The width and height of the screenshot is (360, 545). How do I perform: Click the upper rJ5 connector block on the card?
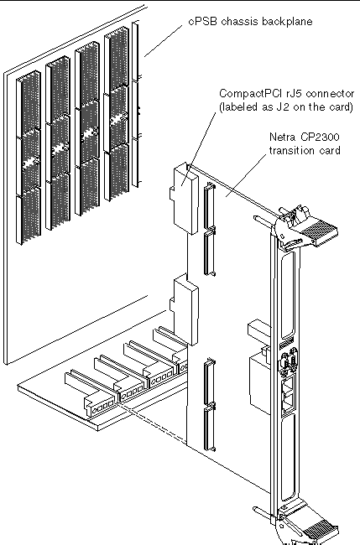point(185,198)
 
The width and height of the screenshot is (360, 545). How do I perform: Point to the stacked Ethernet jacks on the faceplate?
point(288,393)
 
